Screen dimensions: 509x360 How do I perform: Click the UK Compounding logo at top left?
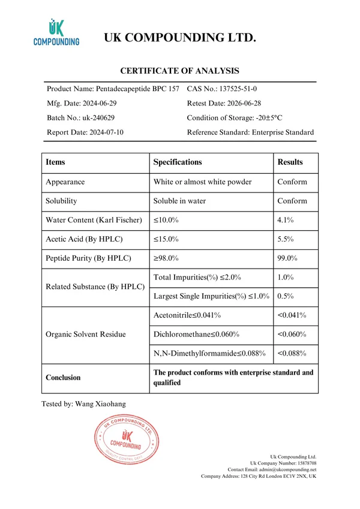coord(56,34)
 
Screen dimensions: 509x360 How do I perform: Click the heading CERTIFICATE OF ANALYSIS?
coord(180,71)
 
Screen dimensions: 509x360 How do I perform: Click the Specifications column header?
coord(178,162)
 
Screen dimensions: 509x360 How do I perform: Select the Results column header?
coord(290,162)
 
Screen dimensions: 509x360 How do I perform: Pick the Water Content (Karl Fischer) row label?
coord(94,220)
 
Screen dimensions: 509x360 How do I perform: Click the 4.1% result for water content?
coord(286,220)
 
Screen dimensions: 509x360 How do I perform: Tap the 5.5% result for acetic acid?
coord(286,239)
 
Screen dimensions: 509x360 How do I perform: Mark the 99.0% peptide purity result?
coord(287,258)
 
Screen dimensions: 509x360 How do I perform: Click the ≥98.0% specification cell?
coord(166,258)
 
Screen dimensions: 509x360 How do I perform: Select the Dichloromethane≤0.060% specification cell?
coord(197,334)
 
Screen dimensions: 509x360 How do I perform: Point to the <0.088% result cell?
coord(292,353)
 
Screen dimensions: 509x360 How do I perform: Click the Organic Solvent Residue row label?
coord(86,334)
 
